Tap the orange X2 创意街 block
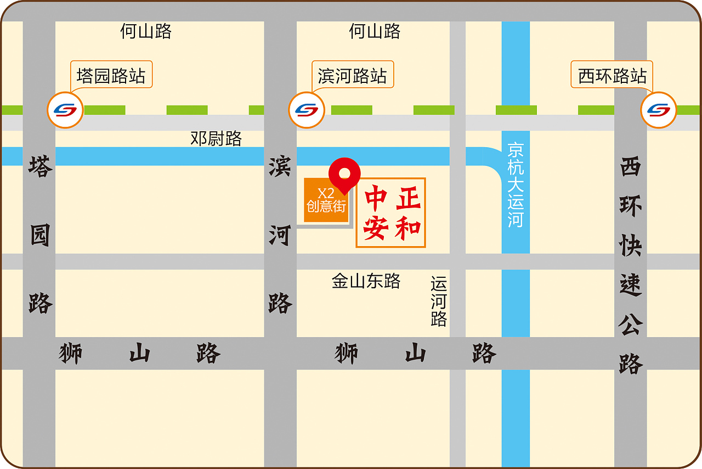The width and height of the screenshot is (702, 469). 326,200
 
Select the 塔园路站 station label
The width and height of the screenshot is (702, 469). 111,75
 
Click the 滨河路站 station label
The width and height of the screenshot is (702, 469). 352,75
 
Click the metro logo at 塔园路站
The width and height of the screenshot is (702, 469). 65,110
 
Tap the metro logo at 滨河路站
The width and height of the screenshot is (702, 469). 307,110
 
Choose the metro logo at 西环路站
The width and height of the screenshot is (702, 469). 659,110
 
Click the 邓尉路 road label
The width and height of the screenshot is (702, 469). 216,138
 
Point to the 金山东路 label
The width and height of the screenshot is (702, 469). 366,281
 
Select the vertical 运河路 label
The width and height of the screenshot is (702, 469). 439,302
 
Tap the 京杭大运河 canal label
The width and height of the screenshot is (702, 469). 516,185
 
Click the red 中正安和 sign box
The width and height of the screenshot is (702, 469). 391,213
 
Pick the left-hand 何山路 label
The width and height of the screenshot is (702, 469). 146,31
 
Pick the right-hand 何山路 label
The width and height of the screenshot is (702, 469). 375,31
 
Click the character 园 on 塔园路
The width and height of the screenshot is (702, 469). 39,236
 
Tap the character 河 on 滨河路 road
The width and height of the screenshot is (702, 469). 280,235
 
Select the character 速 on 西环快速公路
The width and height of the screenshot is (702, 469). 631,285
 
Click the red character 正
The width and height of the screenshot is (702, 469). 409,198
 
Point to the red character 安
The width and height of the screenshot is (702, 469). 376,227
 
